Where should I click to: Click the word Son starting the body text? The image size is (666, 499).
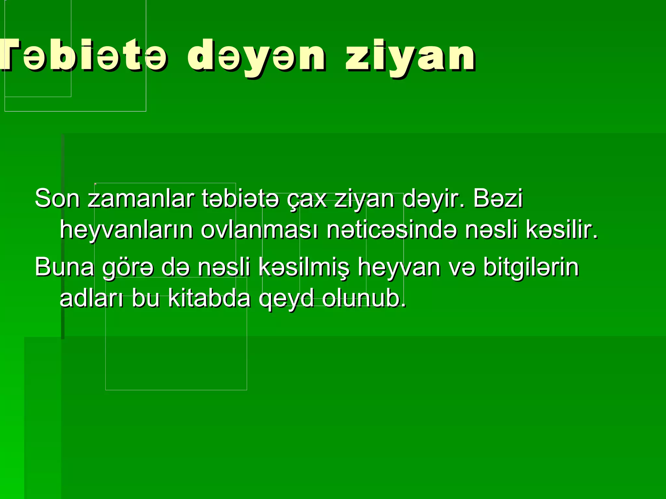(x=57, y=198)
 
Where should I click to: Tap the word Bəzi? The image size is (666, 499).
(x=498, y=198)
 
